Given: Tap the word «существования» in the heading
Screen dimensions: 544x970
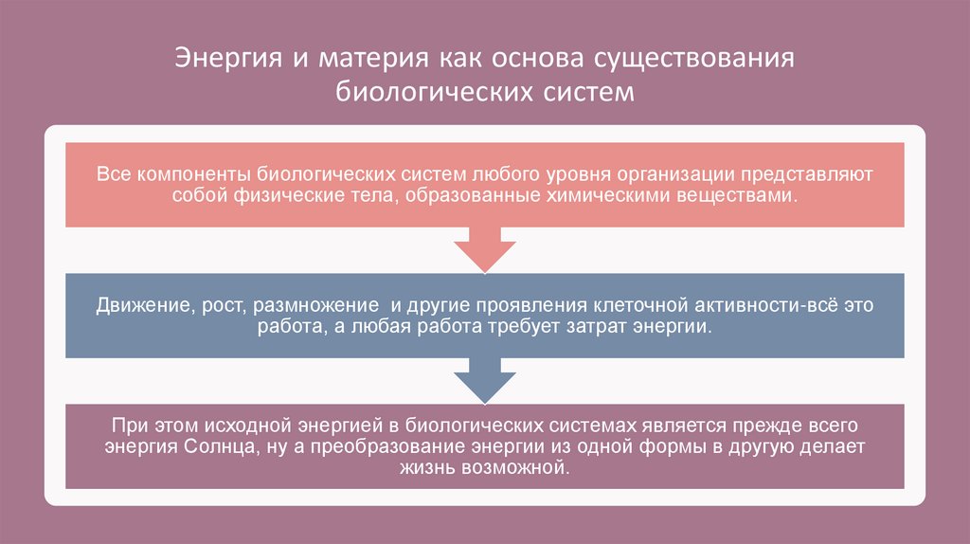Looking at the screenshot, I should pos(693,58).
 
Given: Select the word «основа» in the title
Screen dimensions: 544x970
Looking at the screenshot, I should pos(535,58).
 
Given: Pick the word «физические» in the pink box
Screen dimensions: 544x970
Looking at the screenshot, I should pos(277,196).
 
